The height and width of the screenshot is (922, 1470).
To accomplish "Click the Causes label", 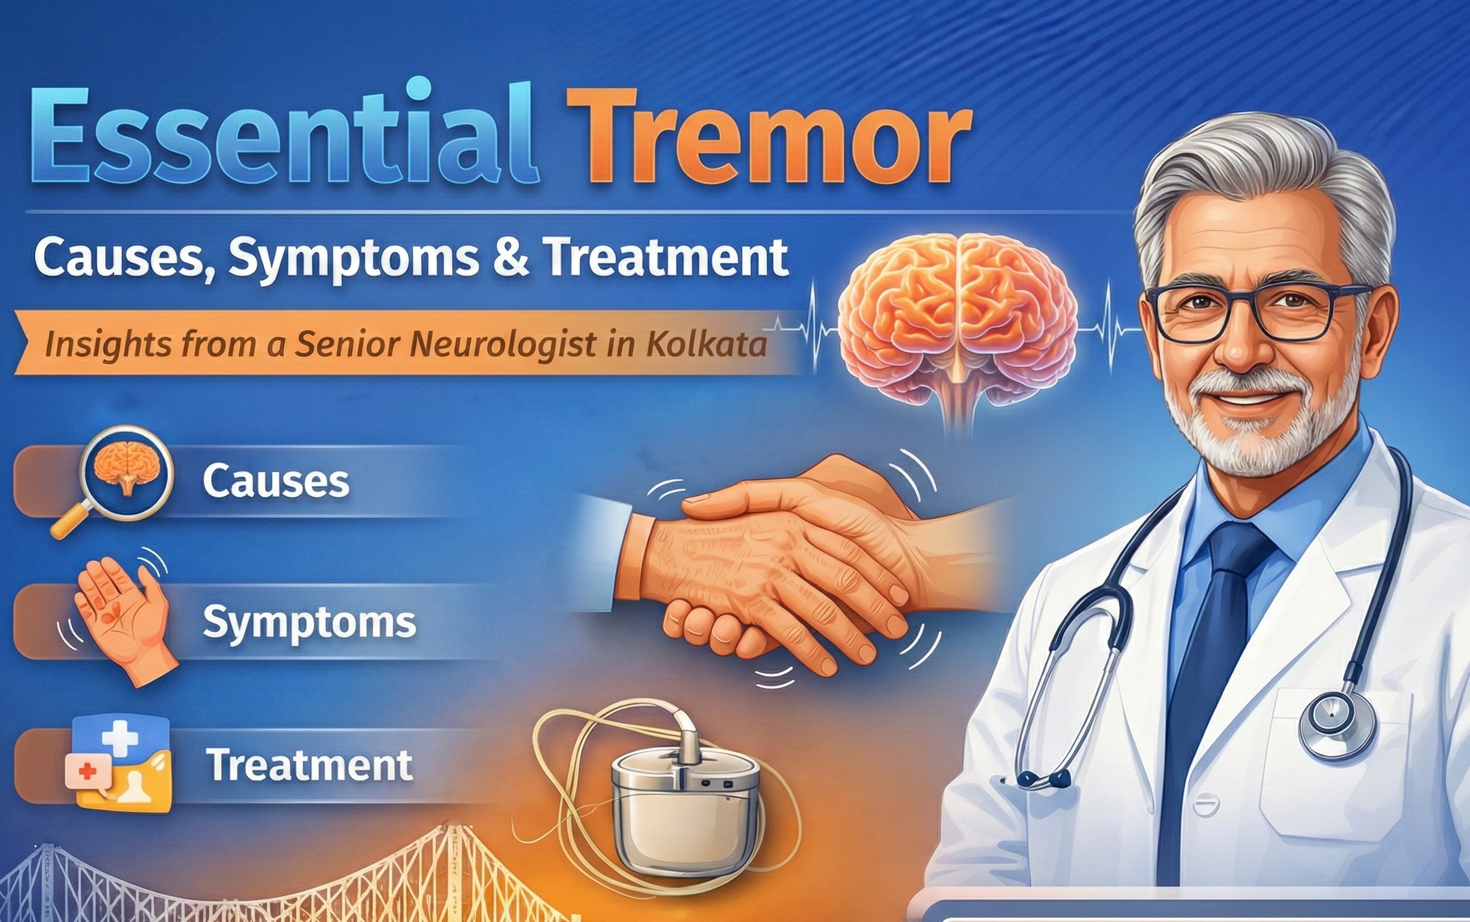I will point(276,481).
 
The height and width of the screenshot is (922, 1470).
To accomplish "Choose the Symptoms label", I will point(309,622).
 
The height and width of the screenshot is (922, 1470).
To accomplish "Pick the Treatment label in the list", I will point(309,765).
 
